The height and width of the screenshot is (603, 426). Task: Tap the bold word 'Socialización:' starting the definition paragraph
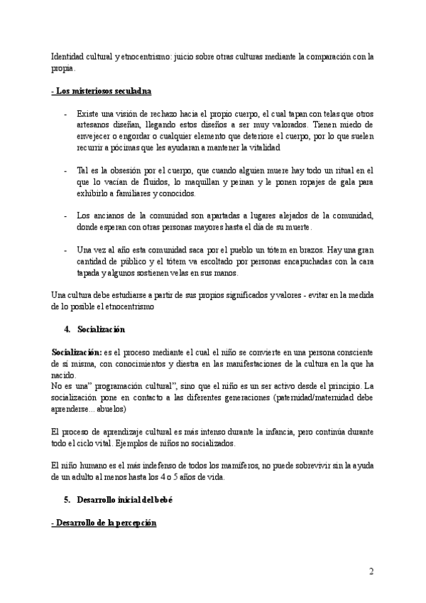[x=77, y=353]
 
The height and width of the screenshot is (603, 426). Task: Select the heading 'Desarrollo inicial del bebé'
[x=124, y=499]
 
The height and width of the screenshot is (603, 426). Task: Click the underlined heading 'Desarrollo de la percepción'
[x=104, y=523]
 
